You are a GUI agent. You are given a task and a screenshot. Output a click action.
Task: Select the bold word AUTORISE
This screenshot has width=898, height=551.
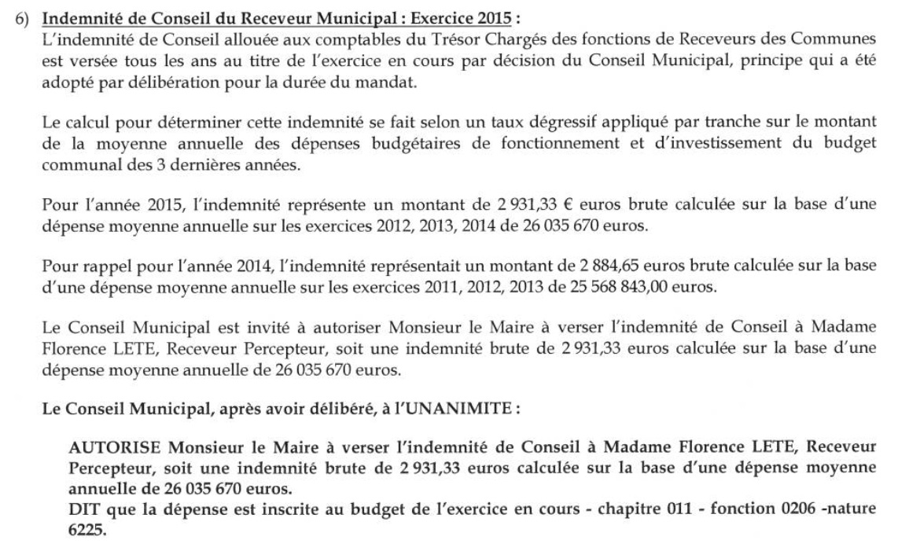[x=115, y=447]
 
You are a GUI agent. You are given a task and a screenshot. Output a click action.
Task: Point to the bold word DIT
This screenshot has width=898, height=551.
[x=83, y=509]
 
